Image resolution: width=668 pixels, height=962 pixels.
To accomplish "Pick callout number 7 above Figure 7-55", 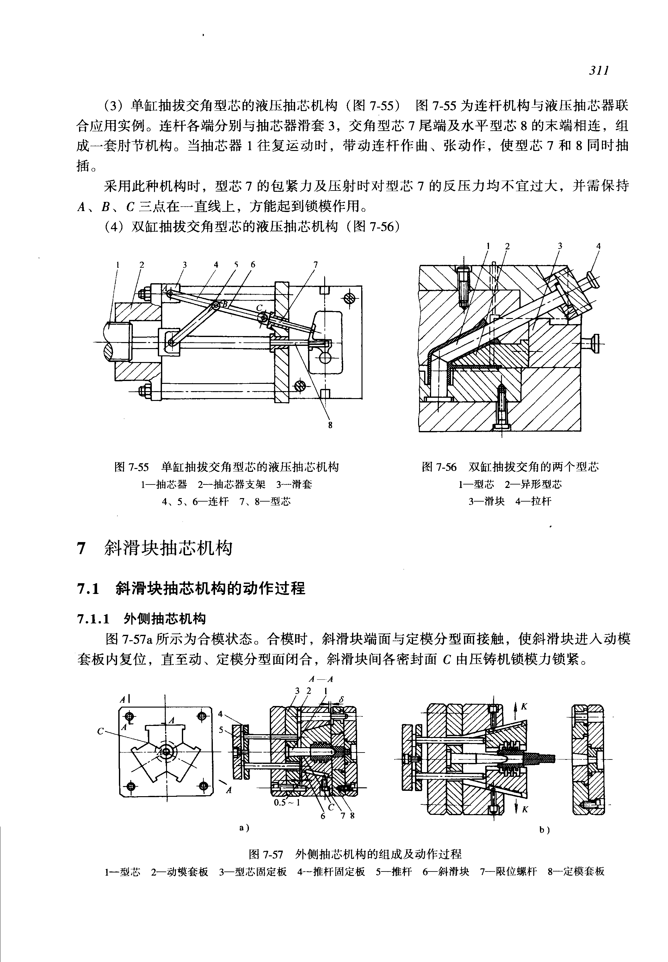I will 316,264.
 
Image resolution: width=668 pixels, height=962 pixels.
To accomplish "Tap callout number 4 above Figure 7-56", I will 598,246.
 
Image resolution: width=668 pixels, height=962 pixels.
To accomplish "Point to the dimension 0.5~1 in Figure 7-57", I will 287,803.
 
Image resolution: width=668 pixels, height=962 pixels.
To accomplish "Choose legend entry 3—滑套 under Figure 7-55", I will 294,484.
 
